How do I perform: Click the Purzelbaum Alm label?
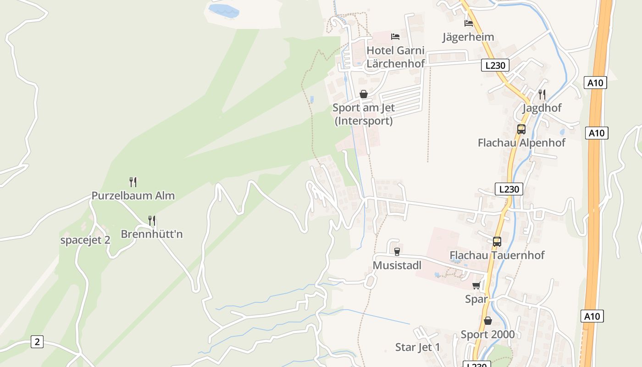(133, 195)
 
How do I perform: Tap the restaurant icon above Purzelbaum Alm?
(133, 182)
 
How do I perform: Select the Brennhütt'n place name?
(152, 234)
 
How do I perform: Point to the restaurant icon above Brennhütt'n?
(152, 221)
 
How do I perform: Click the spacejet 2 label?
(85, 240)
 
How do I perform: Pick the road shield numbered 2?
(37, 342)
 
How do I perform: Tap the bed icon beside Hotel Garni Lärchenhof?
(395, 36)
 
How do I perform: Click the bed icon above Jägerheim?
(468, 23)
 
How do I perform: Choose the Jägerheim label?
(468, 37)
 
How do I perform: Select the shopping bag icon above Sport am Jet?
(364, 94)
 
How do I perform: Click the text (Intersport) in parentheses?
(364, 121)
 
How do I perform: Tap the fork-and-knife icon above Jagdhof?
(542, 95)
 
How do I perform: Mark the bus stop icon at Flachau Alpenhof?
(521, 129)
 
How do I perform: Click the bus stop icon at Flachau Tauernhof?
(497, 242)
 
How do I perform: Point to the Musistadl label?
(397, 265)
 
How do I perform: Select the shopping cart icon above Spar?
(476, 286)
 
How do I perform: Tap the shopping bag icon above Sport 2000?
(488, 321)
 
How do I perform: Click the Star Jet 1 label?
(418, 347)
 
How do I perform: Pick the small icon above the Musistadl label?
(397, 251)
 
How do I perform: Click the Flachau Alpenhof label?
(521, 143)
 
